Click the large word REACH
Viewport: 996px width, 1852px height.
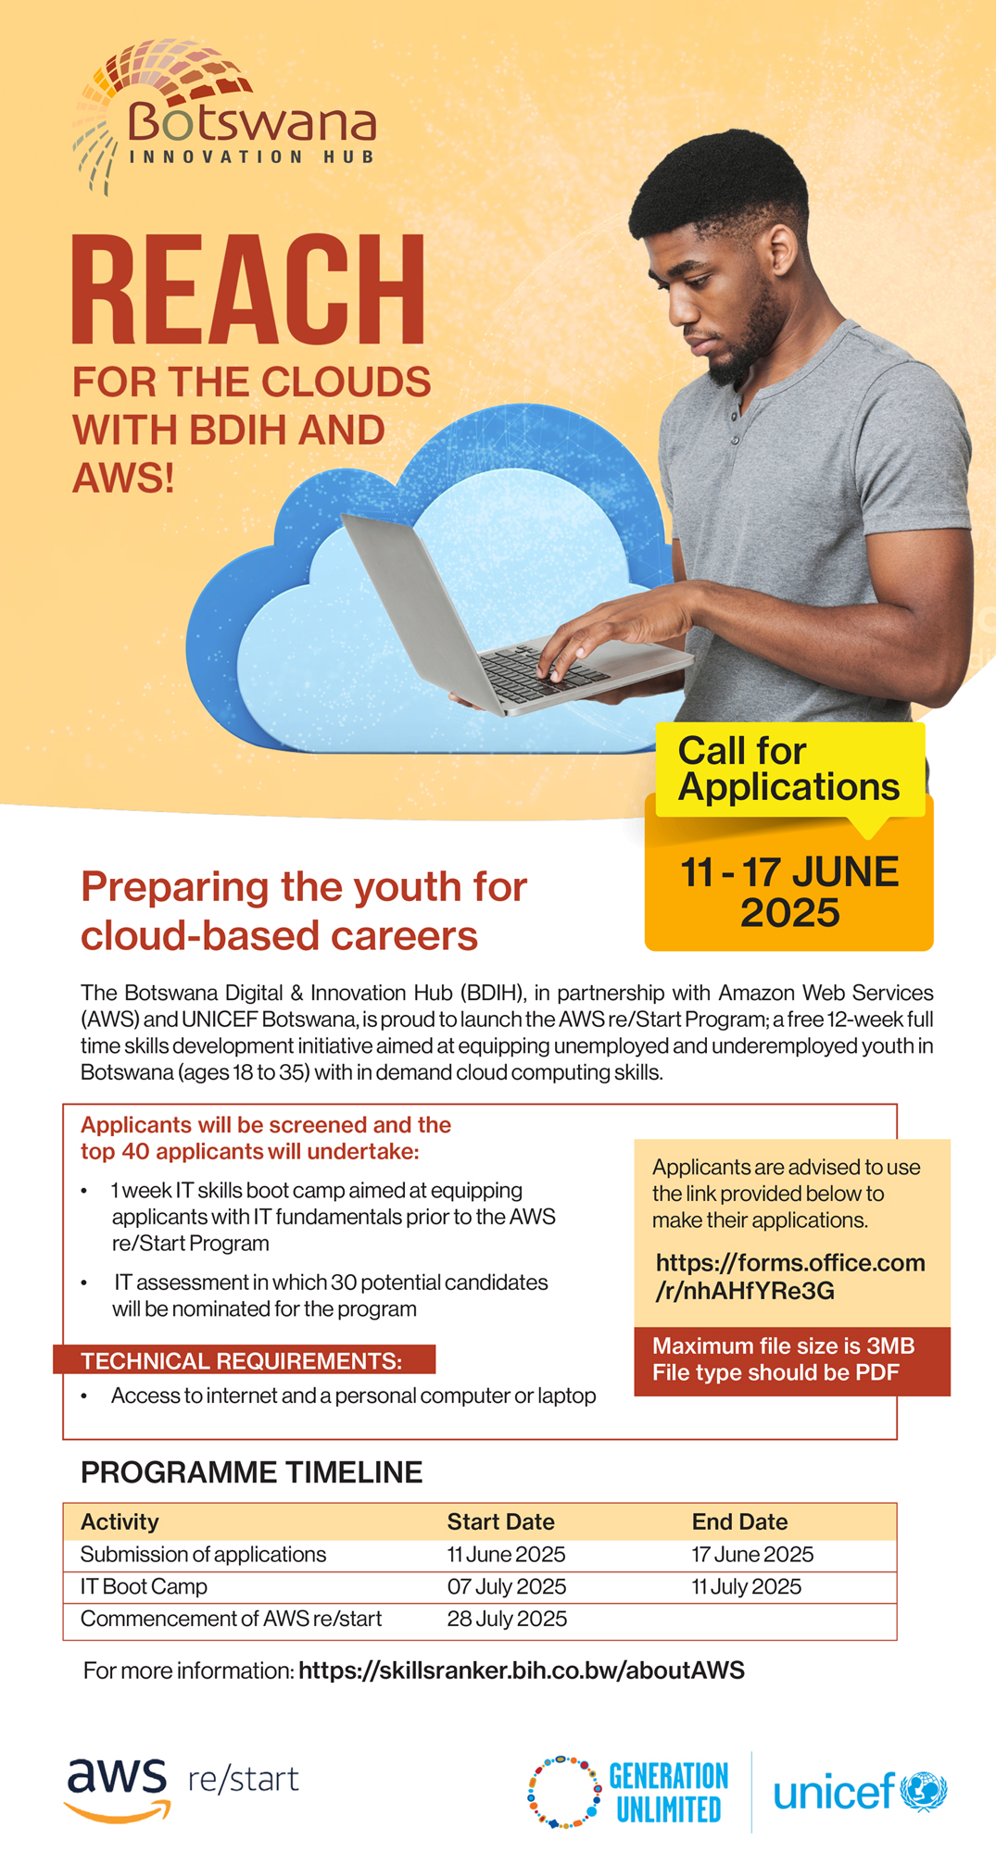tap(248, 290)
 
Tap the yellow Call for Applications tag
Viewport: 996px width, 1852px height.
tap(789, 769)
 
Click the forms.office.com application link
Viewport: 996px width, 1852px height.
tap(790, 1276)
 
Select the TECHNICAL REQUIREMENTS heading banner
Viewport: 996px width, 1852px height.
tap(244, 1360)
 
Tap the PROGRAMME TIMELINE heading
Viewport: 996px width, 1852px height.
tap(251, 1472)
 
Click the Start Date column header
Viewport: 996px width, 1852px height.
tap(500, 1521)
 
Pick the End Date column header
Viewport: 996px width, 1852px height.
tap(739, 1521)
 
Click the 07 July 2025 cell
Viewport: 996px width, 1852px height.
tap(506, 1586)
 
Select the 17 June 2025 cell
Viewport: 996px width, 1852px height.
tap(752, 1554)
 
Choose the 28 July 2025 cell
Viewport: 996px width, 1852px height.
tap(507, 1619)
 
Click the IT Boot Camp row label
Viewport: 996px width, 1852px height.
tap(144, 1586)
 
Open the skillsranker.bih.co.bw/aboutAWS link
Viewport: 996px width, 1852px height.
tap(522, 1671)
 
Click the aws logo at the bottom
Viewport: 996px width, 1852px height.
tap(118, 1788)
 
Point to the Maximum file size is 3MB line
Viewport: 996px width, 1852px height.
tap(783, 1345)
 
